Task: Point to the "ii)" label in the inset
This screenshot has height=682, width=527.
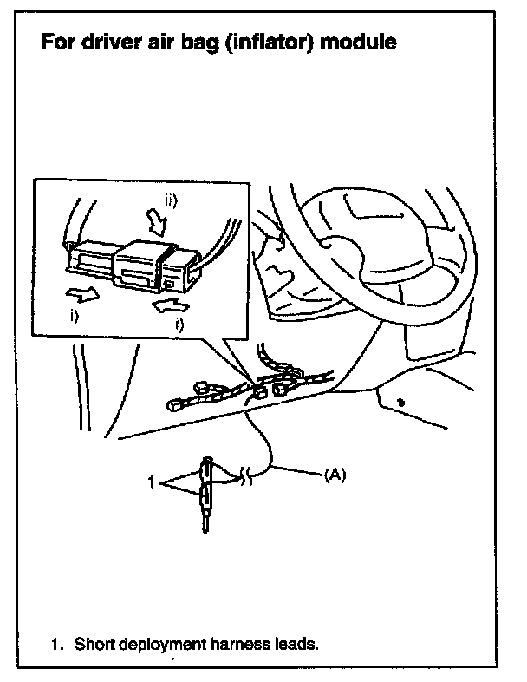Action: [171, 201]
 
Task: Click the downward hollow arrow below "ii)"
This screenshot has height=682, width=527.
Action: [157, 222]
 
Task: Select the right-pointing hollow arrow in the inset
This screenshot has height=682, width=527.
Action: [82, 294]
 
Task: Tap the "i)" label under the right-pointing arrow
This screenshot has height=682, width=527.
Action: [75, 316]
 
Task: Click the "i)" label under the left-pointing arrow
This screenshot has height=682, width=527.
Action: [179, 325]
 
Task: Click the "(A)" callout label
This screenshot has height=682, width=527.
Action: [335, 475]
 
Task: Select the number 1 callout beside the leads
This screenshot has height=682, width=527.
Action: [151, 482]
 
